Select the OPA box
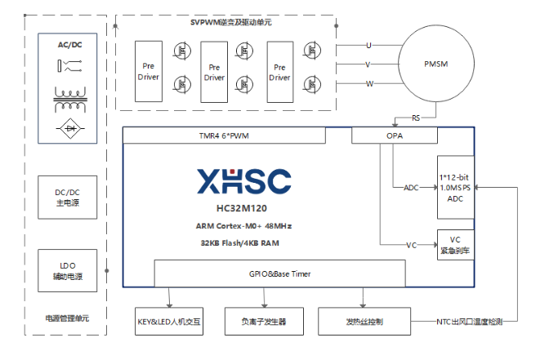click(395, 136)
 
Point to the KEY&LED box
click(169, 322)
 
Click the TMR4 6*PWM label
click(223, 136)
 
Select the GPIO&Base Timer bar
click(279, 273)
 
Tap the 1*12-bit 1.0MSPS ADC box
click(455, 188)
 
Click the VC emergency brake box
click(455, 245)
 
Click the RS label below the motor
click(417, 118)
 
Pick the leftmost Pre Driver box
click(149, 72)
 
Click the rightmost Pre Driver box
click(279, 72)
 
